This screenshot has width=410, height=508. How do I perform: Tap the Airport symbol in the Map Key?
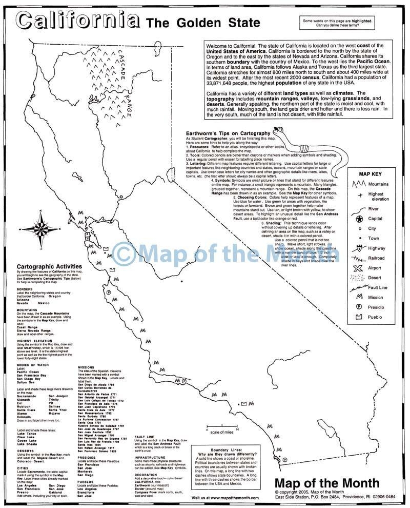[358, 268]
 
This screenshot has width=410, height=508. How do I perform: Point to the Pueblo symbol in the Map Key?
[358, 316]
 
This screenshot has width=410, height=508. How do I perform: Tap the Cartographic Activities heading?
[49, 266]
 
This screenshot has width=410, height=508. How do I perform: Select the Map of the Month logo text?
[327, 483]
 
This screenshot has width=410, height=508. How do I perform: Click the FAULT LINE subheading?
[145, 436]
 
